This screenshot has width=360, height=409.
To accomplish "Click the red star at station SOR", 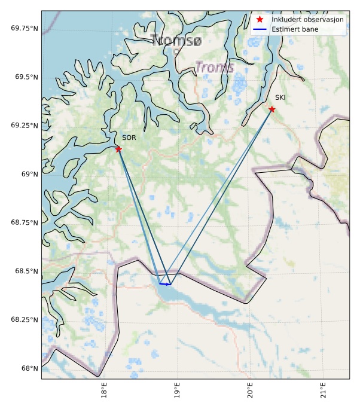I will tap(118, 149).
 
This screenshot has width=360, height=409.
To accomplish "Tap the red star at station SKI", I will tap(271, 109).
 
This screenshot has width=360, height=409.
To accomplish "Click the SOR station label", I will tap(129, 138).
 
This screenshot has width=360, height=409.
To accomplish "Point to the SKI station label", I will tap(280, 97).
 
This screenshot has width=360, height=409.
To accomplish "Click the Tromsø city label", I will tap(177, 41).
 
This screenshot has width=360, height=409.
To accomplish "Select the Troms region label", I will tap(215, 68).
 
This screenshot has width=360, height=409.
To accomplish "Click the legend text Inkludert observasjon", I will tap(307, 20).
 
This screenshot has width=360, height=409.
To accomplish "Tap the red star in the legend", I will tap(260, 20).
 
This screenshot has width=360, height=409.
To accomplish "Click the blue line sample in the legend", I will tap(260, 29).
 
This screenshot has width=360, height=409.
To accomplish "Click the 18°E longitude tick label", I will tap(103, 393).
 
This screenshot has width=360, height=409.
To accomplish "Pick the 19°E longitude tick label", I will tap(176, 393).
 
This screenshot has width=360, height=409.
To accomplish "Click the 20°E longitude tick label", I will tap(250, 393).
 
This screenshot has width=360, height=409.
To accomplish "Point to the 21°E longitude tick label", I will tap(324, 393).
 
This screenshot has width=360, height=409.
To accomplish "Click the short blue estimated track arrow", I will tap(165, 284).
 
